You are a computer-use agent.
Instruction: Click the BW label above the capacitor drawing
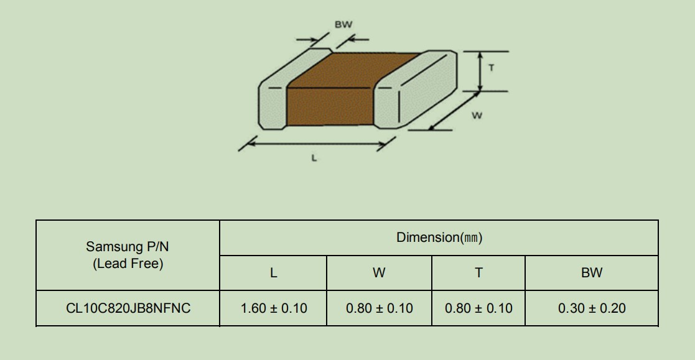pyautogui.click(x=343, y=25)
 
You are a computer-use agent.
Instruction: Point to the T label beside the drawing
pyautogui.click(x=491, y=68)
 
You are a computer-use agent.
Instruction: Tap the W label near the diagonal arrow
pyautogui.click(x=477, y=116)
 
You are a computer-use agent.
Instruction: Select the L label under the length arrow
pyautogui.click(x=314, y=158)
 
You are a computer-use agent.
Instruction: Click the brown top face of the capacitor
pyautogui.click(x=352, y=70)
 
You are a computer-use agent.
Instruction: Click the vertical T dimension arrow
pyautogui.click(x=480, y=72)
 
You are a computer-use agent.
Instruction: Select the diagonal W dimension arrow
pyautogui.click(x=454, y=111)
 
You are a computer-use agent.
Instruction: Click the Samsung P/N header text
pyautogui.click(x=128, y=247)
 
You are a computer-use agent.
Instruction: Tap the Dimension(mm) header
pyautogui.click(x=439, y=238)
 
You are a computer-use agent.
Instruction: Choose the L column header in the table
pyautogui.click(x=274, y=273)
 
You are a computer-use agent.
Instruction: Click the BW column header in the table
pyautogui.click(x=592, y=273)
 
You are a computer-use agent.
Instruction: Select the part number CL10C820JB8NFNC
pyautogui.click(x=128, y=308)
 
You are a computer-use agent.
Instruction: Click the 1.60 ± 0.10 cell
pyautogui.click(x=274, y=308)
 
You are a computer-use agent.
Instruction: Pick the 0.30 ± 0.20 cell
pyautogui.click(x=592, y=308)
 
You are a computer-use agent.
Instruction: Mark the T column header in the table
pyautogui.click(x=478, y=273)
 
